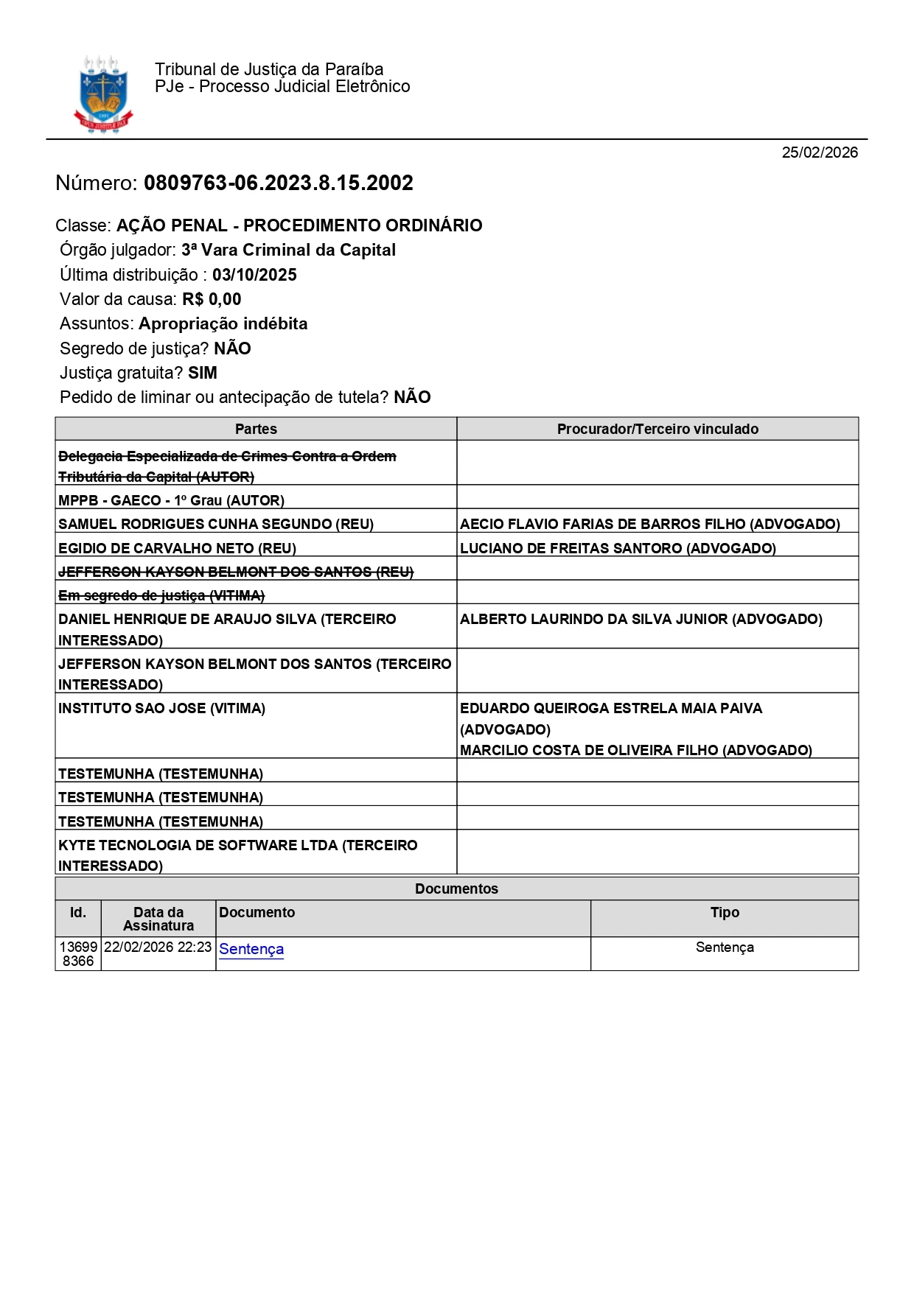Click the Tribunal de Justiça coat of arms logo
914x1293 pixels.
(103, 95)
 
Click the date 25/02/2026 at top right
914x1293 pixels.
(820, 153)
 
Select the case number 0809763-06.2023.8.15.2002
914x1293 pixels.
(278, 183)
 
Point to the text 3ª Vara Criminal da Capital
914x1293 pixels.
(288, 250)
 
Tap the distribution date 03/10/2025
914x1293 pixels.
(254, 275)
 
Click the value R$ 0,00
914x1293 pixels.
(212, 299)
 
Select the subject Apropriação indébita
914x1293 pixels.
(223, 323)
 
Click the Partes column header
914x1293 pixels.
(256, 429)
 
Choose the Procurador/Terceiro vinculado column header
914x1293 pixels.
(657, 429)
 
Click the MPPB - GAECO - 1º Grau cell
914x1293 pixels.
(171, 500)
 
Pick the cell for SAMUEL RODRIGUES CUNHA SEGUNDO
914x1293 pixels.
(216, 524)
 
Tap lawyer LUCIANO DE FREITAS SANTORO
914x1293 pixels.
(618, 548)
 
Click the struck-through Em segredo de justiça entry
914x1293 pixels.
(161, 595)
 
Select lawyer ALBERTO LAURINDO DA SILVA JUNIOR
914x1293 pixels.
(641, 619)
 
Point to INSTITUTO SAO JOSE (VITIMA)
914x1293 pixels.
(161, 708)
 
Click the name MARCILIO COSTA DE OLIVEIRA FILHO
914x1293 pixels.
(635, 750)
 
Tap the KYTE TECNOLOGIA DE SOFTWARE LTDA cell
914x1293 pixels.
(237, 855)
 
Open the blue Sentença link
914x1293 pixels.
(251, 949)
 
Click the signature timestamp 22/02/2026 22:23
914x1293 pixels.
(158, 947)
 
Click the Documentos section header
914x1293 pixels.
(456, 889)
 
